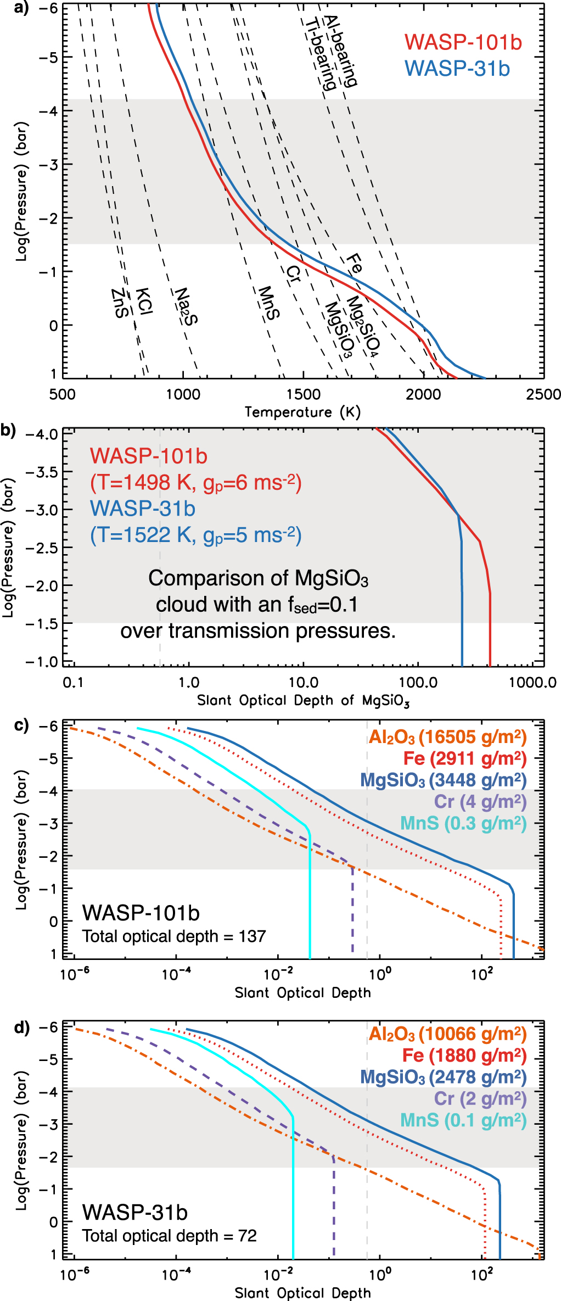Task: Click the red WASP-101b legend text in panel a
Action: [x=463, y=42]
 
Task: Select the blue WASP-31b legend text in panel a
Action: [x=457, y=69]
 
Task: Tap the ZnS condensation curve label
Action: [x=120, y=303]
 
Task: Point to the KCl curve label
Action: [x=144, y=301]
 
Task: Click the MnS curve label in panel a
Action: [x=268, y=303]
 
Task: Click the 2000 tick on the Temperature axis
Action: [x=423, y=394]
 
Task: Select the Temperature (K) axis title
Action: [x=302, y=412]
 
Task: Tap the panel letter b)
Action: [x=9, y=430]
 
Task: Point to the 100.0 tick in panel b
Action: [x=418, y=683]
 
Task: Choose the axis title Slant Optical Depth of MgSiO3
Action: [x=303, y=701]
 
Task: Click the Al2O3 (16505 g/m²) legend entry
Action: [x=447, y=737]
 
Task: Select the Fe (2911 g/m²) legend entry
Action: [x=464, y=758]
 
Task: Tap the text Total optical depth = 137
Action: [x=174, y=936]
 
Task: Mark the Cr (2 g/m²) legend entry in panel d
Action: [x=480, y=1098]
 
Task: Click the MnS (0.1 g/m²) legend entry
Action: [x=463, y=1120]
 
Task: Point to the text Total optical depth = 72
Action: [x=170, y=1236]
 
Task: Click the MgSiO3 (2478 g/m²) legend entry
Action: [x=443, y=1077]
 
